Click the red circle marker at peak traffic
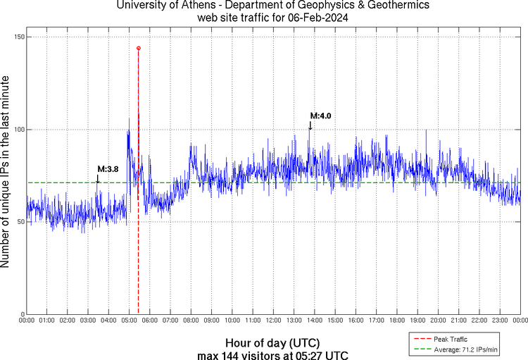(138, 49)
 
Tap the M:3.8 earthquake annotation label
(108, 169)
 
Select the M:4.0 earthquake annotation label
(320, 116)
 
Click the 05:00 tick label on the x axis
(130, 321)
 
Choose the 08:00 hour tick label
(191, 321)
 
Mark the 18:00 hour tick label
(396, 321)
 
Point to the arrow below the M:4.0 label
(310, 126)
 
